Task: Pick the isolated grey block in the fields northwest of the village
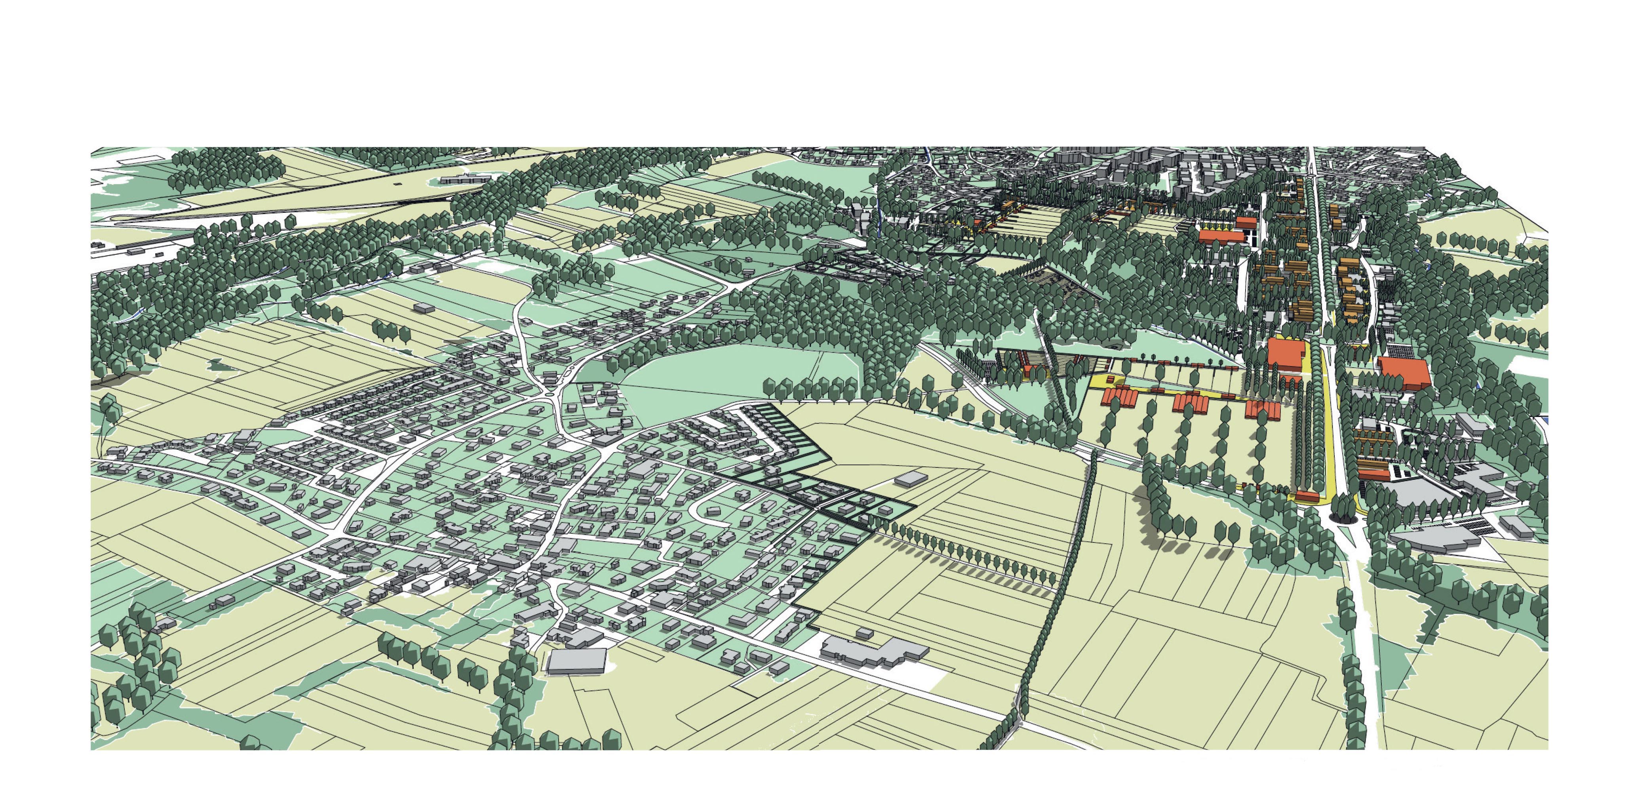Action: click(423, 307)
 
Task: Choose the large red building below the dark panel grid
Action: click(1404, 373)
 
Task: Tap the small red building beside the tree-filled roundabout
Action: click(1305, 496)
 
